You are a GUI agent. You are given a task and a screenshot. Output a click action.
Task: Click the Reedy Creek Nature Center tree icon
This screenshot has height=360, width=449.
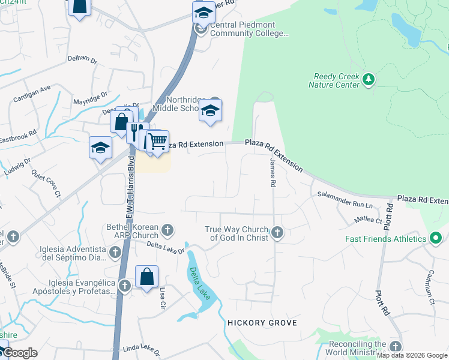(369, 79)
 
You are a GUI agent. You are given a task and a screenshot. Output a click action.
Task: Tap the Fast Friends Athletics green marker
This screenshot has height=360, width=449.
(436, 239)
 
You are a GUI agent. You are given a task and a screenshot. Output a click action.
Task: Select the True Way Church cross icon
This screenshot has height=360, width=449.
(277, 232)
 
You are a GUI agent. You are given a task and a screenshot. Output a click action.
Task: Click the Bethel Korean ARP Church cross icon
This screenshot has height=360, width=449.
(167, 229)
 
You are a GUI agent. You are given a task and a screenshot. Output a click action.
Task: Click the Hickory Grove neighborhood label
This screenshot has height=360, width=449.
(262, 323)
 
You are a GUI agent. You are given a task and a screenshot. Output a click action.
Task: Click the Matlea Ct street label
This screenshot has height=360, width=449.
(368, 220)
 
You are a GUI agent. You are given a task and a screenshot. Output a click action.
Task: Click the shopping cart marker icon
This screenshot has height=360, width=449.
(157, 142)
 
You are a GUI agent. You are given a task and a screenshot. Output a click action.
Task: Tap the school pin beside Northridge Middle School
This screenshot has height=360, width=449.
(210, 110)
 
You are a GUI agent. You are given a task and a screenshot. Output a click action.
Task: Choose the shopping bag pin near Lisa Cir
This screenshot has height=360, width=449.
(146, 277)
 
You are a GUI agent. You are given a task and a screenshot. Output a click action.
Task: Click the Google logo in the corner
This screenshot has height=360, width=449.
(19, 353)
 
